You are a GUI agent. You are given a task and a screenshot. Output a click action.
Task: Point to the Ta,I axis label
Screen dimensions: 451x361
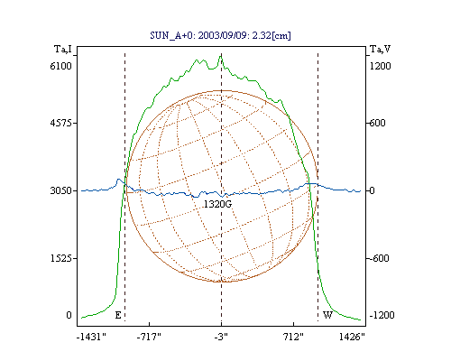[x=63, y=49]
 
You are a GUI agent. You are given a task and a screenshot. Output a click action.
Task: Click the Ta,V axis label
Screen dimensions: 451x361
[x=380, y=49]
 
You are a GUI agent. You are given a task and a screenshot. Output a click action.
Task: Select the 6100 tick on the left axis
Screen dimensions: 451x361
[x=61, y=66]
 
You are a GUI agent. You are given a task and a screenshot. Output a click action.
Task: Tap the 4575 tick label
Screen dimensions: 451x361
[x=61, y=123]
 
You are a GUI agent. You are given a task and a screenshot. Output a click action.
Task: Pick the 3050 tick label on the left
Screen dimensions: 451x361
[x=61, y=190]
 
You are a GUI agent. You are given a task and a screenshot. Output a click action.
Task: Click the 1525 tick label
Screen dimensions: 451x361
[x=61, y=258]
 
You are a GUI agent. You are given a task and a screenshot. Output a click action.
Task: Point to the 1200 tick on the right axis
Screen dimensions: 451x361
[x=381, y=66]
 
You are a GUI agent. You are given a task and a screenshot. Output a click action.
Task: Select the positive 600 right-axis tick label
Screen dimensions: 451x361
[x=377, y=123]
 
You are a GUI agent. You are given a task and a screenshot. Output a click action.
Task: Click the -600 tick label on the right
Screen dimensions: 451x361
[x=379, y=258]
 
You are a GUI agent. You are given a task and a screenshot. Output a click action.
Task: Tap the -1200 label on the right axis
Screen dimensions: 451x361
[x=382, y=315]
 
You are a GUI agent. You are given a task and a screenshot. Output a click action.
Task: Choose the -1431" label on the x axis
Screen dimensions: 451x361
[x=91, y=337]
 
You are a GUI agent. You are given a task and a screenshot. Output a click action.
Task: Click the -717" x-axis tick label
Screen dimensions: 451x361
[x=149, y=337]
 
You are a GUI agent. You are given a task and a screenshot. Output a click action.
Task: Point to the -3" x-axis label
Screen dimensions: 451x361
[x=221, y=337]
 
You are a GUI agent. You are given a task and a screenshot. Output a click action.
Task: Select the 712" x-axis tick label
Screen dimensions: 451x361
[x=293, y=337]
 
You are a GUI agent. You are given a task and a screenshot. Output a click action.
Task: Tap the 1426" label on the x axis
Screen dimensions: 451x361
[x=352, y=337]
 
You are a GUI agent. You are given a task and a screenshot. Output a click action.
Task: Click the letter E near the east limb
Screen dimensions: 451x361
[x=118, y=315]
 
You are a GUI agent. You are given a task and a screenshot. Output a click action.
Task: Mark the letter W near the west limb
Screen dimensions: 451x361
[x=327, y=315]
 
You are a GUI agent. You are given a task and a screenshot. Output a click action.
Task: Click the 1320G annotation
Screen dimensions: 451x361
[x=217, y=204]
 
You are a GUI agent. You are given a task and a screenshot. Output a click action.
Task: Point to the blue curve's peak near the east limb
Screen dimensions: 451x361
[x=118, y=180]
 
